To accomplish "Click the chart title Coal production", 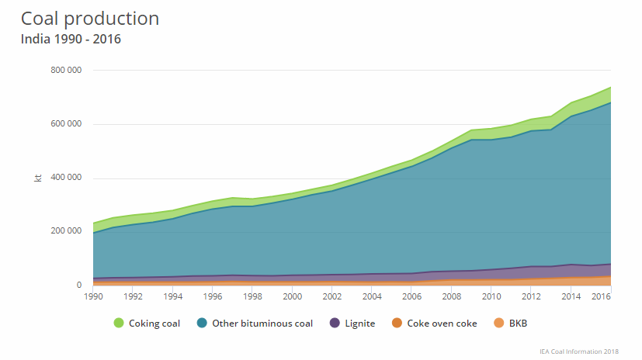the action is pos(90,19).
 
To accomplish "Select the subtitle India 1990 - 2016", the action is pos(71,40).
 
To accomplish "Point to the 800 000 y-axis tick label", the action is pos(66,70).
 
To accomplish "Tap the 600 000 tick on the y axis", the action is pos(66,123).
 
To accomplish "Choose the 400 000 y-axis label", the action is pos(66,177).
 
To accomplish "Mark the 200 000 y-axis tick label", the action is pos(66,230).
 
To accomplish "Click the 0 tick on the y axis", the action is pos(79,285).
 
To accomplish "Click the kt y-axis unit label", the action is pos(38,178).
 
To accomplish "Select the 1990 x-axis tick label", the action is pos(93,296).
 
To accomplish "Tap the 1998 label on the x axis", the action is pos(252,296).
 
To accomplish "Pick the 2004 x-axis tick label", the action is pos(372,296).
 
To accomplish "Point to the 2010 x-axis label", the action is pos(491,296).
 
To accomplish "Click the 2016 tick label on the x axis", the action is pos(601,296).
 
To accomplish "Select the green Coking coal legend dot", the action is pos(119,324).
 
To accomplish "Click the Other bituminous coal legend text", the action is pos(262,324).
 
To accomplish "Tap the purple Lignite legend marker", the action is pos(335,324).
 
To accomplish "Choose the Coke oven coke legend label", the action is pos(442,324).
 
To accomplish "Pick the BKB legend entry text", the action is pos(518,324).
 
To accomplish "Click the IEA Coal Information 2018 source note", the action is pos(579,351).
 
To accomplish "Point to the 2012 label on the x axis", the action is pos(531,296).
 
